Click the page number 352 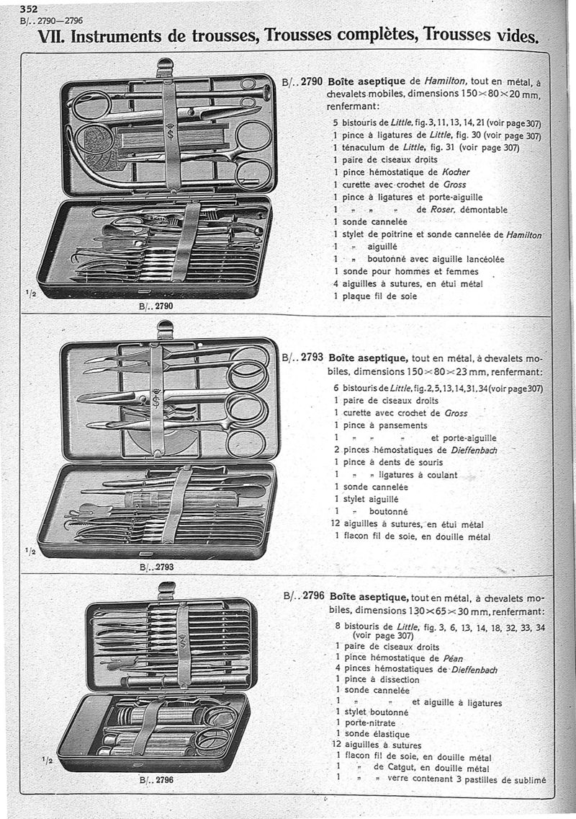29,9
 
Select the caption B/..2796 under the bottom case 157,779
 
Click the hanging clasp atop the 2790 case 165,66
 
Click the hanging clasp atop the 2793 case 165,329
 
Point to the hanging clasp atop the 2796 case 166,589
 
